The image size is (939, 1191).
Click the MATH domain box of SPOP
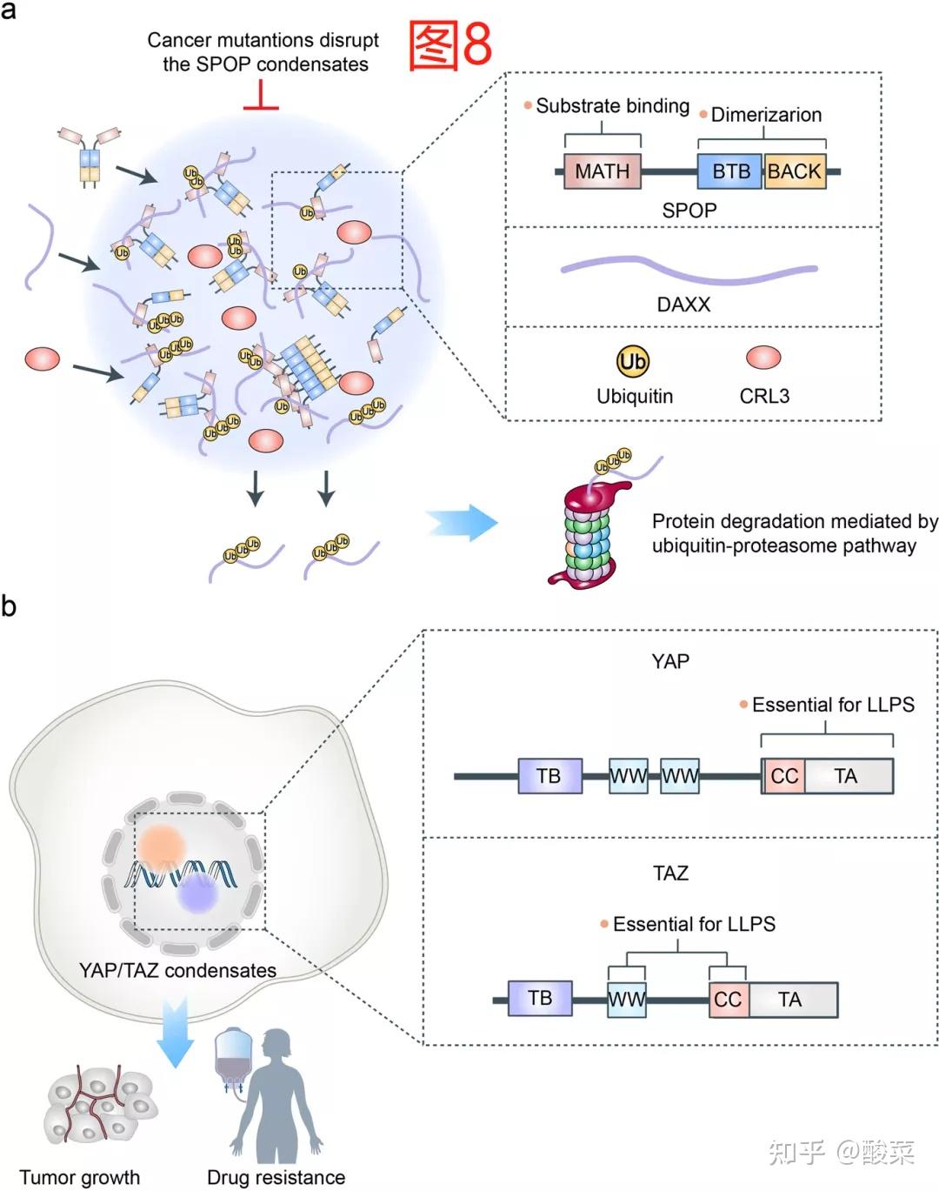click(602, 171)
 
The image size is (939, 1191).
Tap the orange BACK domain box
click(795, 171)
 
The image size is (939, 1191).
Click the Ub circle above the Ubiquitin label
click(633, 361)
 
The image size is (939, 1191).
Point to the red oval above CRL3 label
click(763, 357)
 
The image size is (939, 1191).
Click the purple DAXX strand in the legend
click(689, 271)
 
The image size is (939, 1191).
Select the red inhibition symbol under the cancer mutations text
click(261, 95)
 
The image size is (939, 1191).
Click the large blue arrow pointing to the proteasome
click(462, 522)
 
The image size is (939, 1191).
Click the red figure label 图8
click(450, 44)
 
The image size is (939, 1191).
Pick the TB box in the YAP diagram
click(550, 776)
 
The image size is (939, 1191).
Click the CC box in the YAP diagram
click(783, 776)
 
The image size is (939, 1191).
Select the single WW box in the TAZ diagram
click(626, 1000)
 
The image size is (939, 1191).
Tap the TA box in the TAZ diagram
click(794, 1000)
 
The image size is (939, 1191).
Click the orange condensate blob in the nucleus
click(162, 846)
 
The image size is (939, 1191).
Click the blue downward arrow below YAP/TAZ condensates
click(176, 1034)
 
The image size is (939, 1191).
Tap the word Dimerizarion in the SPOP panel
click(766, 115)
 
